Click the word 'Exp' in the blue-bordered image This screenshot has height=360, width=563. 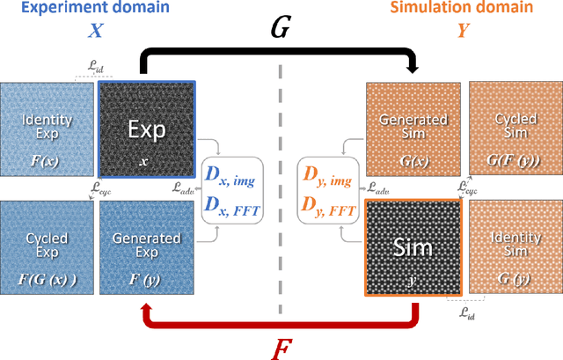147,129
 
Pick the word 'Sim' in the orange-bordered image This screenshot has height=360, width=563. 413,246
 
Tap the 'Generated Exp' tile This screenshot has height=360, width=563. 146,246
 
